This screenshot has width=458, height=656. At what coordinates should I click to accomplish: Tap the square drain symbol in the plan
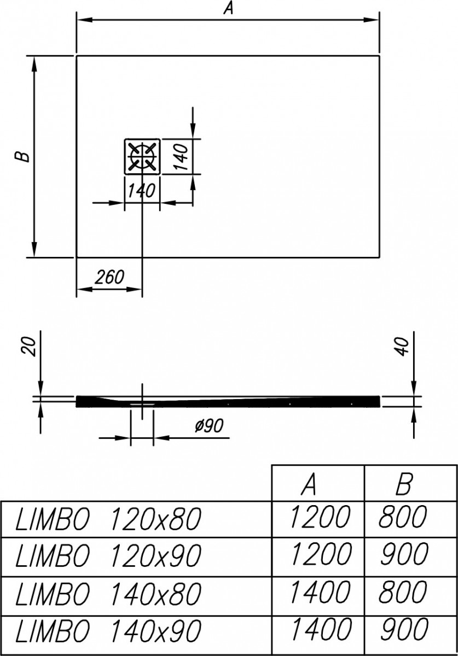142,156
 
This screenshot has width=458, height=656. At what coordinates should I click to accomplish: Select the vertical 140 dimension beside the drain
183,156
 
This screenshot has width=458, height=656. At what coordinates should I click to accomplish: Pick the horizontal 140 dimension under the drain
142,191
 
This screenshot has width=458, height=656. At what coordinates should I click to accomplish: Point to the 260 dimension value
109,277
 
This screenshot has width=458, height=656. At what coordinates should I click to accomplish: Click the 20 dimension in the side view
31,346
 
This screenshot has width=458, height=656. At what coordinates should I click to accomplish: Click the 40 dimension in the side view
403,346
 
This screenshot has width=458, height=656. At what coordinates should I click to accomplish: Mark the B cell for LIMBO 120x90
403,554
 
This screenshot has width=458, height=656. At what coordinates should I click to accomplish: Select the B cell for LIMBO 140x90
403,629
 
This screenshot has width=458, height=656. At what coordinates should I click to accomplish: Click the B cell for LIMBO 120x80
403,517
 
